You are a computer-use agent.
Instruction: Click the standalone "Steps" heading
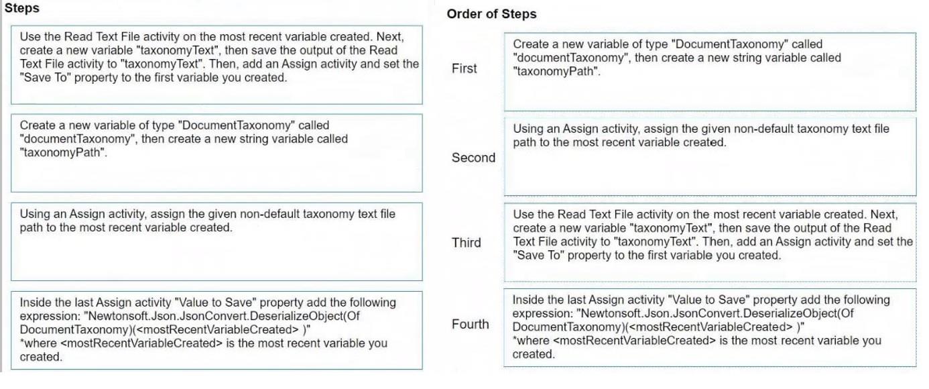point(22,8)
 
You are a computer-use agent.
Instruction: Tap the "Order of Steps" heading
point(491,14)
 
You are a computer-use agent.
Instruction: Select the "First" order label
point(464,68)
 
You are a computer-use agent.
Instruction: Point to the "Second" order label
point(473,158)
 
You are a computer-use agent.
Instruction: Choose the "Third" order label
point(466,242)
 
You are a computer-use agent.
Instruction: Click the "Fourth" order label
point(471,324)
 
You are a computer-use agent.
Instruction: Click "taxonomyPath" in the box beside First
point(556,71)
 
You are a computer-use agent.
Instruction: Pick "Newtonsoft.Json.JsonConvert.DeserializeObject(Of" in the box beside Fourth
point(715,313)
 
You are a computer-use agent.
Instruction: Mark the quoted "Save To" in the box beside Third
point(538,255)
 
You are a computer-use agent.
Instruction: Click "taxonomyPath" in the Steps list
point(62,153)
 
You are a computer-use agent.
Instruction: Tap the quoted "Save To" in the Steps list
point(45,78)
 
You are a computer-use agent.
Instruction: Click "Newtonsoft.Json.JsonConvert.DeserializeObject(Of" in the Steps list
point(221,316)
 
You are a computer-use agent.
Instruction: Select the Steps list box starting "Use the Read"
point(216,65)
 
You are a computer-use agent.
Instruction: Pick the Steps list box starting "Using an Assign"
point(216,241)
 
